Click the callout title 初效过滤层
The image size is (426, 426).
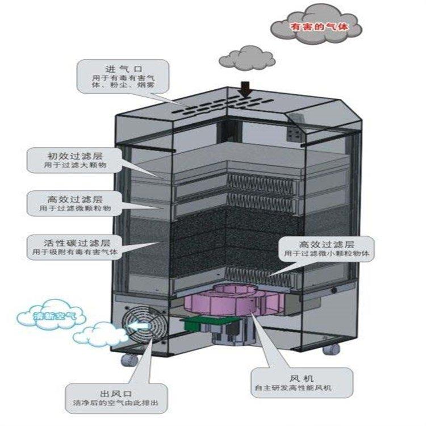[75, 154]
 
